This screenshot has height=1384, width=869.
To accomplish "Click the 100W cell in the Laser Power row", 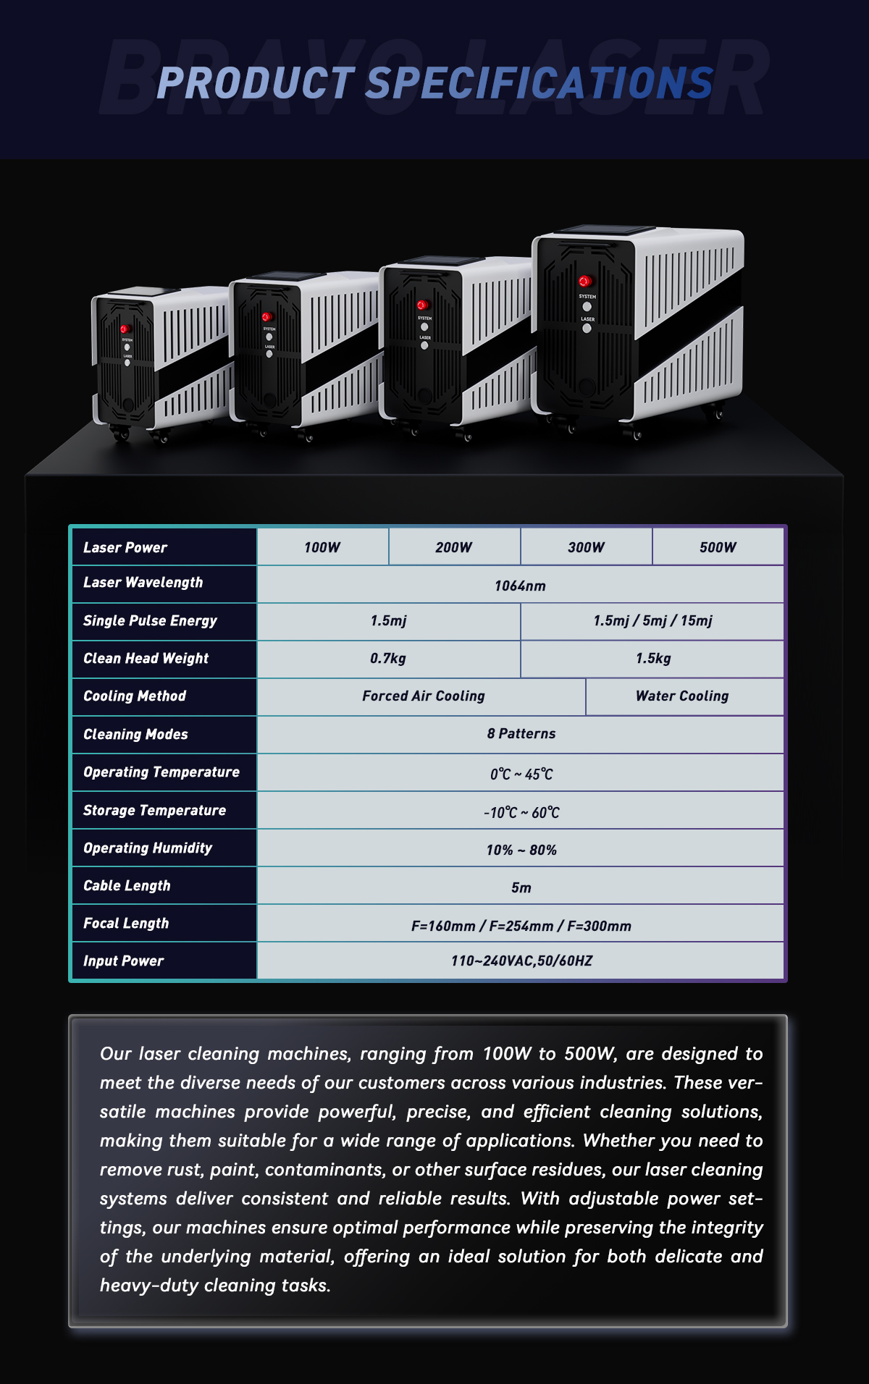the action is coord(322,547).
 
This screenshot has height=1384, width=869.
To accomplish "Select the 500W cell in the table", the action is coord(718,547).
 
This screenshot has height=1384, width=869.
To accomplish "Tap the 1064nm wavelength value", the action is coord(520,586).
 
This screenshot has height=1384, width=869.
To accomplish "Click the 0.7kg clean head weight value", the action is coord(388,659).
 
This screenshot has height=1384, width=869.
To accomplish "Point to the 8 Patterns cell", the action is coord(521,734).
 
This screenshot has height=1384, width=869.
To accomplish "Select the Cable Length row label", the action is coord(127,886).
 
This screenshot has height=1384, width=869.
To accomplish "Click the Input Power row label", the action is coord(124,961).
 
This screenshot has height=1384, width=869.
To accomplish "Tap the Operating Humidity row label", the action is coord(148,848).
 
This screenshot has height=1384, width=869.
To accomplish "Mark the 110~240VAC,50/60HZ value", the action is coord(521,961).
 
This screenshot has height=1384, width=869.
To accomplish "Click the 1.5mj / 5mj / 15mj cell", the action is coord(652,621).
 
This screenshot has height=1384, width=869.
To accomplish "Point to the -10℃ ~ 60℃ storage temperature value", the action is coord(521,813).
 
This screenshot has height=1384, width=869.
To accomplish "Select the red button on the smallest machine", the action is coord(125,329).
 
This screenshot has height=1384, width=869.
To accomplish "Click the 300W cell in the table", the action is coord(586,547).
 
